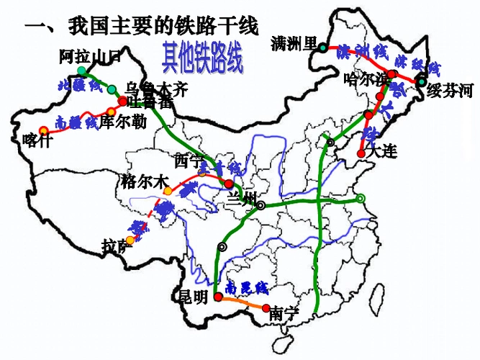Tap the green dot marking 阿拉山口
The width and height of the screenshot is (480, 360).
(83, 71)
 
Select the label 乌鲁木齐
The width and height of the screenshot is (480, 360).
(156, 89)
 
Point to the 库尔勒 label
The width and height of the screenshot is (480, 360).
(123, 122)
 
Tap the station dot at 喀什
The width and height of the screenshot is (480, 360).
(44, 130)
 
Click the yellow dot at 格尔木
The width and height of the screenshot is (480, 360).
(168, 191)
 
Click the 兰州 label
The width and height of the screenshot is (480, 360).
(240, 199)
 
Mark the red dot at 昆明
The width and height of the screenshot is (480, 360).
(217, 297)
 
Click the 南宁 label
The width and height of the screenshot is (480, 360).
(284, 313)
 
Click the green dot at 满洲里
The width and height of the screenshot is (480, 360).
(323, 48)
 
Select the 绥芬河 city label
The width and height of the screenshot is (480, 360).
(450, 91)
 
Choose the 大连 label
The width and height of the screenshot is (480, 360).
(381, 152)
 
